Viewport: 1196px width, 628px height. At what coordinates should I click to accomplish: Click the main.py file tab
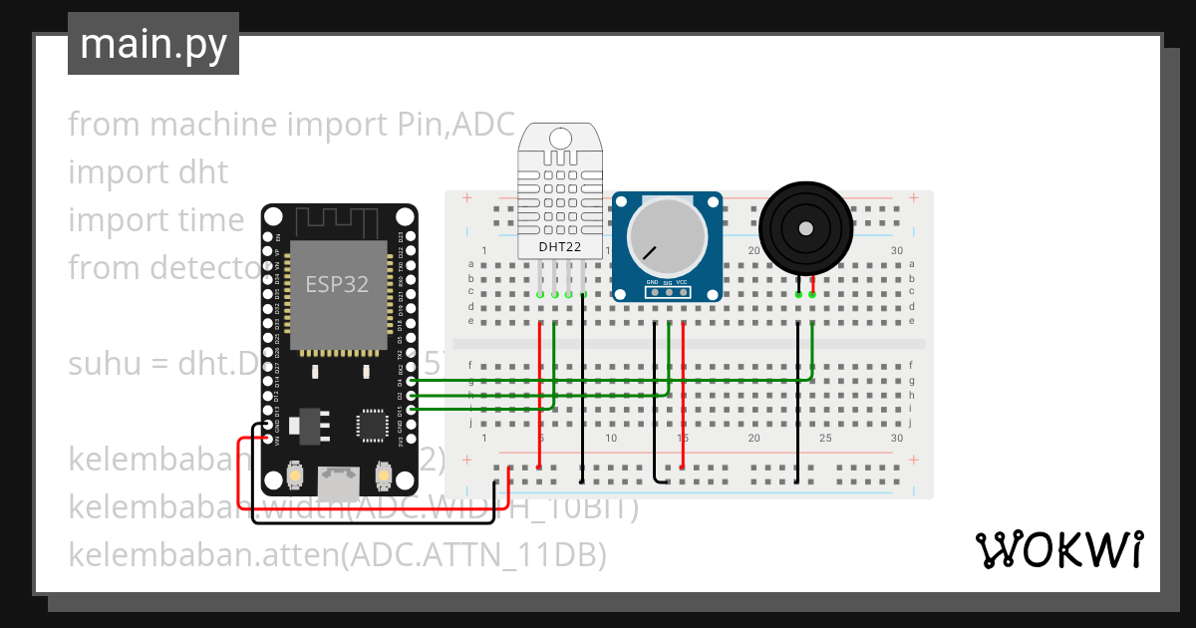pos(152,44)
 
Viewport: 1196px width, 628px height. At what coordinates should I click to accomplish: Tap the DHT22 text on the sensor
pos(560,246)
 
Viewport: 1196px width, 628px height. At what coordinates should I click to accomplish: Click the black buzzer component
pos(805,227)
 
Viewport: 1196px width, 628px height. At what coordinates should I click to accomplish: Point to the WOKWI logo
pos(1057,549)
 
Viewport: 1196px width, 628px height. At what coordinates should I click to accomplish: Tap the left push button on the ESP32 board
pos(295,475)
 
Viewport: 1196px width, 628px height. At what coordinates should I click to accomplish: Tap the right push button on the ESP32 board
pos(383,475)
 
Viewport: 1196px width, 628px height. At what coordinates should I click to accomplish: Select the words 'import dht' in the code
pos(148,171)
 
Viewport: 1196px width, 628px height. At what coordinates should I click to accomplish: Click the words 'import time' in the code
pos(155,219)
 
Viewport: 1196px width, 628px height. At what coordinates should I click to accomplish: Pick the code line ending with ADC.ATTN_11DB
pos(337,554)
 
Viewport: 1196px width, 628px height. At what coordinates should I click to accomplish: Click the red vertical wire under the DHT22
pos(540,399)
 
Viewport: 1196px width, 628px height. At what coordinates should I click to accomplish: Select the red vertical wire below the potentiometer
pos(683,399)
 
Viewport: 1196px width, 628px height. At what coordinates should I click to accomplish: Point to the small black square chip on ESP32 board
pos(373,425)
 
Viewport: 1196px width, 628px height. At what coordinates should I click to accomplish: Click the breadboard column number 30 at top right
pos(897,250)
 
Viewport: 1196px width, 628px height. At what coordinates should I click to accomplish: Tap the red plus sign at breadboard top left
pos(466,199)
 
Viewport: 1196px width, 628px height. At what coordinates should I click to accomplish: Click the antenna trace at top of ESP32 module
pos(339,221)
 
